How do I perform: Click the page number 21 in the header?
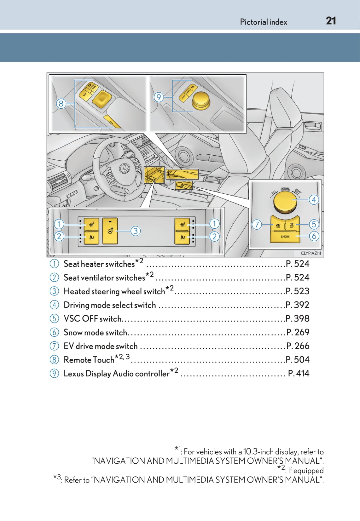point(331,21)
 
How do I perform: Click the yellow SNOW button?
point(285,237)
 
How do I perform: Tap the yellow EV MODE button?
point(278,225)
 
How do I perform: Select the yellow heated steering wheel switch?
point(110,231)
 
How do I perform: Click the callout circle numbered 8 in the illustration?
point(61,103)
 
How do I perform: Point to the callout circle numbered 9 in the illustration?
point(159,97)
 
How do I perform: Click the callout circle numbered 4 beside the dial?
point(314,200)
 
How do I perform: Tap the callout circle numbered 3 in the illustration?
point(135,231)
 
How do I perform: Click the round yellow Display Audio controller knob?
point(200,100)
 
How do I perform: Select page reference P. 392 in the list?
point(297,305)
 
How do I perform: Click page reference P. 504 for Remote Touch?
point(297,360)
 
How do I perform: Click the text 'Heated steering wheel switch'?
point(114,291)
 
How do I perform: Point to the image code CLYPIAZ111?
point(311,253)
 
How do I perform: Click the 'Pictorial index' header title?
point(264,22)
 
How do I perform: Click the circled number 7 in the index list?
point(54,346)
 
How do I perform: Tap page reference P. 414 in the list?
point(299,373)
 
